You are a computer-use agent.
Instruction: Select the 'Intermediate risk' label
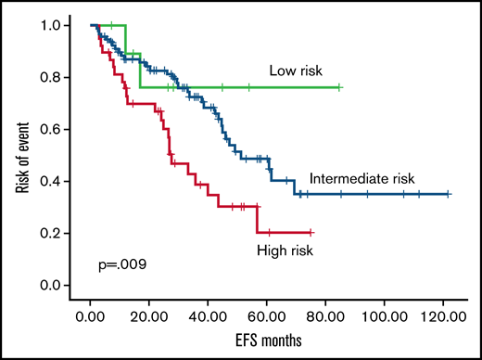pos(362,178)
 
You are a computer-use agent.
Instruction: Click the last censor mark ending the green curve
pos(340,87)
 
